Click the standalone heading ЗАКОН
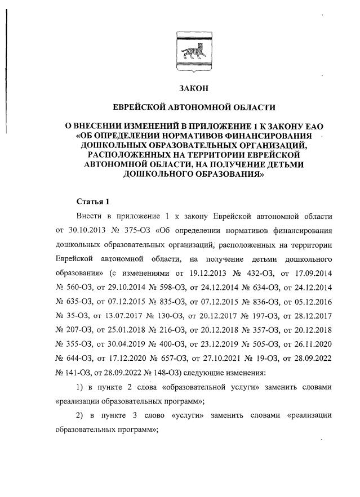point(193,88)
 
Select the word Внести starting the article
point(88,216)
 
